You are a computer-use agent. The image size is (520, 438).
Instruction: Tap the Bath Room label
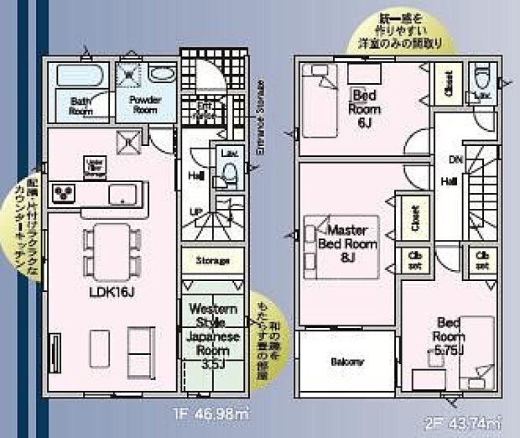(x=80, y=105)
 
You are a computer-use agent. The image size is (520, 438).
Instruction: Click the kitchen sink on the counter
(x=127, y=196)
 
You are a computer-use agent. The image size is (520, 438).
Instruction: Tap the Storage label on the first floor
(x=213, y=261)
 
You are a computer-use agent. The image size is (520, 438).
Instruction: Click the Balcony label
(x=346, y=362)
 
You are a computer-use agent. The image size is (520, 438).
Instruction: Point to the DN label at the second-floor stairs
(x=454, y=159)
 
